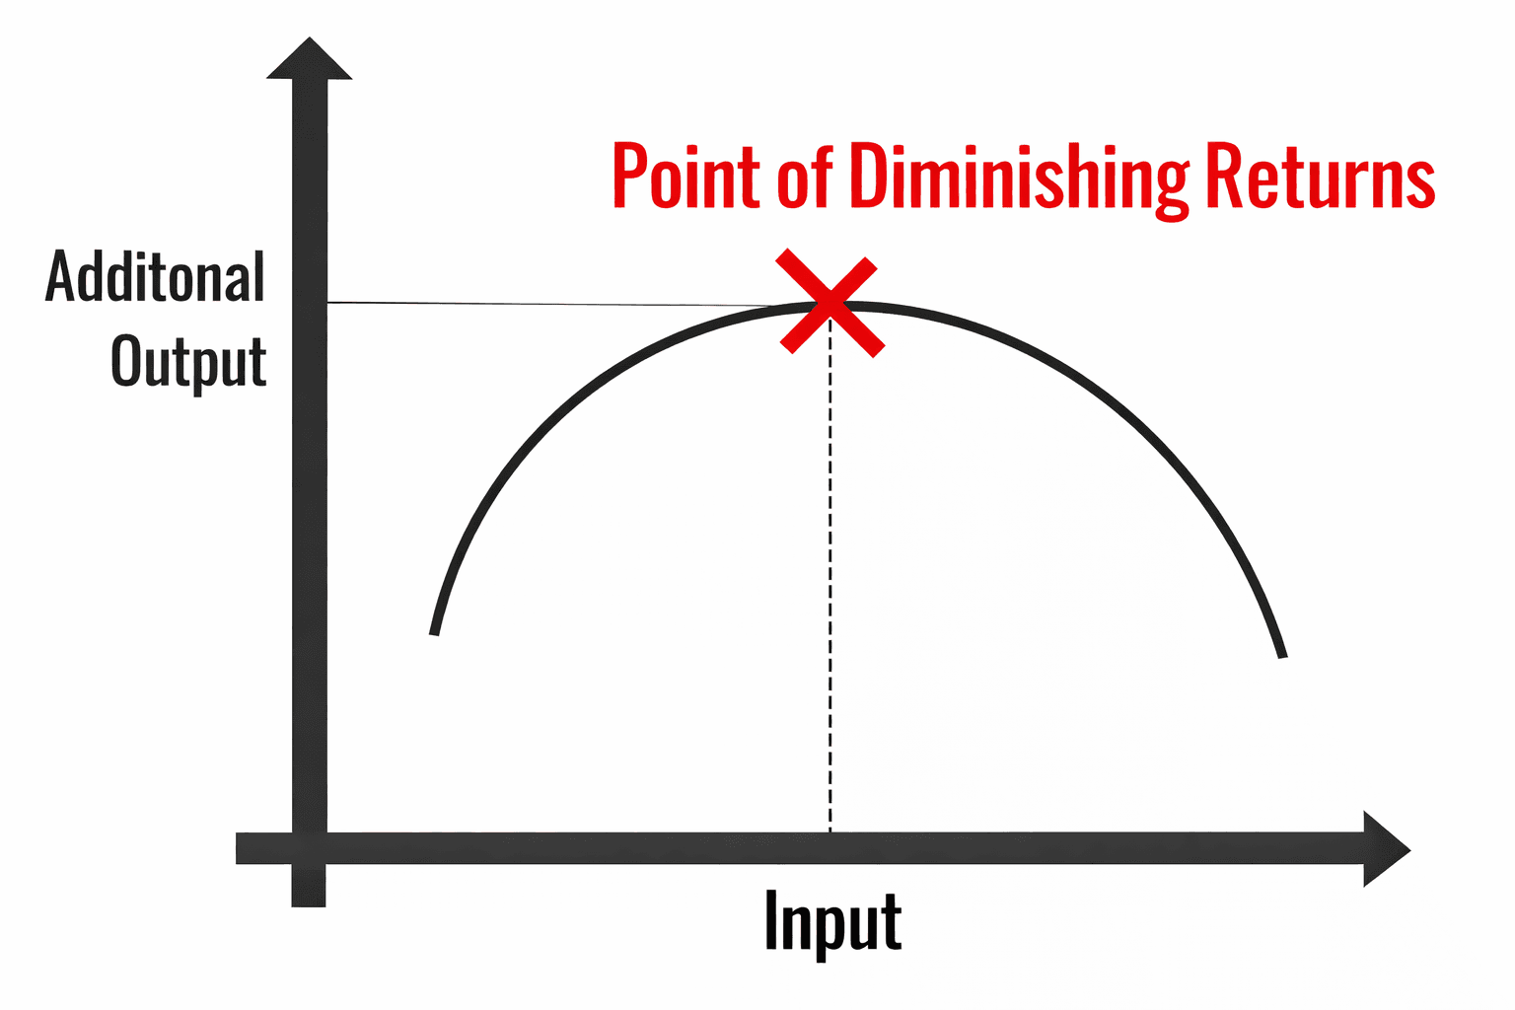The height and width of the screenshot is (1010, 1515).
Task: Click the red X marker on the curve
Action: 830,302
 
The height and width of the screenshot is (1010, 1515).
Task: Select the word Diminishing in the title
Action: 1020,178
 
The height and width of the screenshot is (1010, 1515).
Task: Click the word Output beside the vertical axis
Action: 188,362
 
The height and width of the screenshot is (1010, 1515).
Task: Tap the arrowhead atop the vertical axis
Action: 310,59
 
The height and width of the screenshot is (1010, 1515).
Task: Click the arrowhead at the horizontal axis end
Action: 1385,849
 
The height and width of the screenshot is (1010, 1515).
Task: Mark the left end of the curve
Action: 434,632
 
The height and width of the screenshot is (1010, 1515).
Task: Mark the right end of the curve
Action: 1282,656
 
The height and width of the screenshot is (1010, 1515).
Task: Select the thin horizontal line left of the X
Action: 552,305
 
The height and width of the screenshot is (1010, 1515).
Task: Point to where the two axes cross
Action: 310,849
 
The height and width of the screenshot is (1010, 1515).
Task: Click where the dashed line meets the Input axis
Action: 830,834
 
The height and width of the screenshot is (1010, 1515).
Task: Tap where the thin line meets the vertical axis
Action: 327,303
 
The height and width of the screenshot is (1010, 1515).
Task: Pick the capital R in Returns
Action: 1224,176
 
